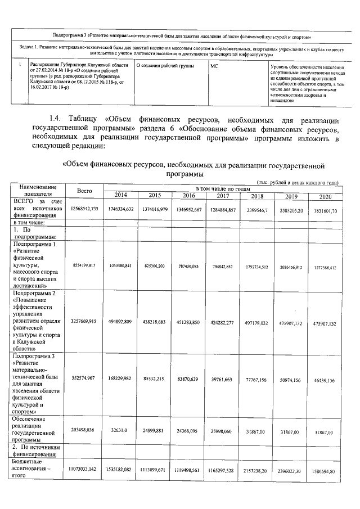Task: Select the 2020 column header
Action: (x=325, y=196)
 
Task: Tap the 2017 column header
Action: (x=223, y=195)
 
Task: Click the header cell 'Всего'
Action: (x=84, y=191)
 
